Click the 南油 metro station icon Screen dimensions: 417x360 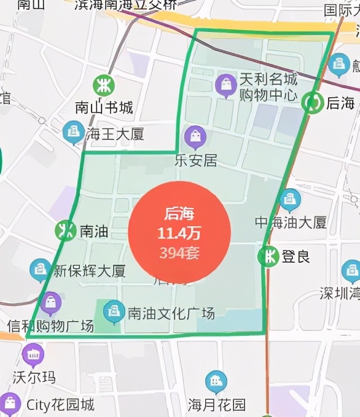[x=65, y=231]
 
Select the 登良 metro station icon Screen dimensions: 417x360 [x=268, y=256]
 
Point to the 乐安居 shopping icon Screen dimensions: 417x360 [x=195, y=137]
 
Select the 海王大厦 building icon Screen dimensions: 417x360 [x=74, y=131]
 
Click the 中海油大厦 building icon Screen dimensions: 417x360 [x=289, y=199]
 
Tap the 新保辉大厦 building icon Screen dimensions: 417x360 [x=40, y=269]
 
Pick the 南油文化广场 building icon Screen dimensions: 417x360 [x=114, y=311]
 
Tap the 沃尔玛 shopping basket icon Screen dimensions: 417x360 [x=33, y=354]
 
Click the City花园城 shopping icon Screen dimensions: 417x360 [x=10, y=403]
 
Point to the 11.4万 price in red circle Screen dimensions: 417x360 [x=179, y=234]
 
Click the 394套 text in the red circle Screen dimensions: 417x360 [x=179, y=252]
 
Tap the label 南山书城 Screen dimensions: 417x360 [x=104, y=108]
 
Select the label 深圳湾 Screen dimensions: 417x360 [x=339, y=293]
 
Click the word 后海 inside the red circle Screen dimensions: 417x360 [x=179, y=215]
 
